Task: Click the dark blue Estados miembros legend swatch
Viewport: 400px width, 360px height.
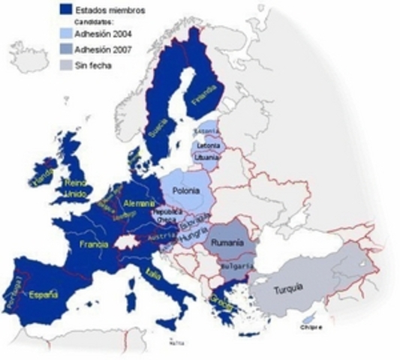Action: point(65,8)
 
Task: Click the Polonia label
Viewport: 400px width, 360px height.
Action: point(185,191)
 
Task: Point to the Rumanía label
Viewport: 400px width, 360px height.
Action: point(228,244)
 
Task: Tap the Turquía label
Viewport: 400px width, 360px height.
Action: point(288,288)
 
